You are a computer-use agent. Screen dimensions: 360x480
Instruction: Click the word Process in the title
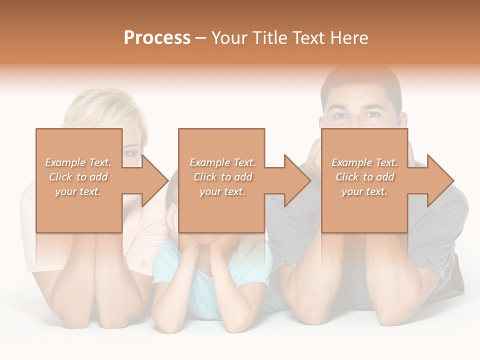point(157,38)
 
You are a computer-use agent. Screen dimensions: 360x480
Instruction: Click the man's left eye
point(371,114)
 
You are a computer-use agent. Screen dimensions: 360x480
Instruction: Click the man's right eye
point(340,115)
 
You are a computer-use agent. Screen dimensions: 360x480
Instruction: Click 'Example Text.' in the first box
point(78,162)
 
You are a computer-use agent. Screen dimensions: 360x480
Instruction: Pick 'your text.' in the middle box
point(222,191)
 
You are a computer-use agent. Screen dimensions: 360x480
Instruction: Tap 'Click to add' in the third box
point(364,177)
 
